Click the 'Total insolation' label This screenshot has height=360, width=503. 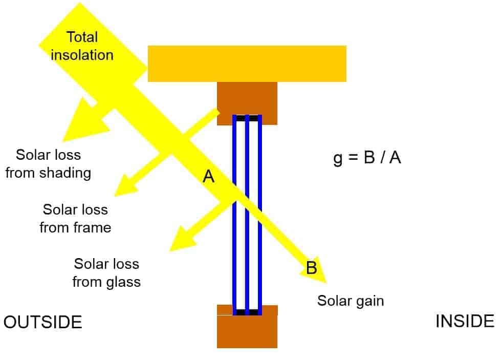pyautogui.click(x=82, y=46)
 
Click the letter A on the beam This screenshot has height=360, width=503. pyautogui.click(x=208, y=177)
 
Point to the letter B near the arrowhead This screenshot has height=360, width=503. pyautogui.click(x=312, y=267)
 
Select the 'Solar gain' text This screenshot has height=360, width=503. pyautogui.click(x=350, y=300)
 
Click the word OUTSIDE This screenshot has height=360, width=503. pyautogui.click(x=42, y=322)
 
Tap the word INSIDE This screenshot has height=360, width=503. pyautogui.click(x=465, y=321)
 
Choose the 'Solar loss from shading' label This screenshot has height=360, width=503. pyautogui.click(x=48, y=163)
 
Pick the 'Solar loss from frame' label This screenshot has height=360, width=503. pyautogui.click(x=75, y=218)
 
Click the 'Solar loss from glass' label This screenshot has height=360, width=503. pyautogui.click(x=106, y=273)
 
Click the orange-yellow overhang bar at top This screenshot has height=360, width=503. pyautogui.click(x=247, y=63)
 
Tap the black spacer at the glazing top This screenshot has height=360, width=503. pyautogui.click(x=247, y=118)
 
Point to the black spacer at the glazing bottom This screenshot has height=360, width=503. pyautogui.click(x=247, y=312)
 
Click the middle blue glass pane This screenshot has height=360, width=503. pyautogui.click(x=247, y=215)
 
